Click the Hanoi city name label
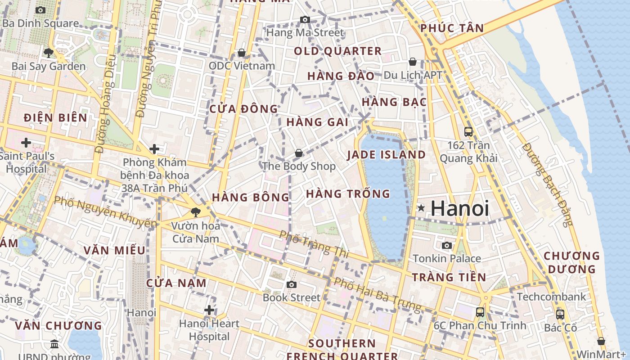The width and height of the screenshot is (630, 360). coord(459,208)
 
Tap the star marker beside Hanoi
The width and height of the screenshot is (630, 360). coord(421,208)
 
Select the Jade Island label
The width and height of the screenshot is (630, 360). coord(386,155)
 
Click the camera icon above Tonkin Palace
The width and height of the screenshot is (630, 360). coord(447,245)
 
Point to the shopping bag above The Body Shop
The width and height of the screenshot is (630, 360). coord(298,153)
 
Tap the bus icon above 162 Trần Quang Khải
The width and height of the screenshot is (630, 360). coord(468,132)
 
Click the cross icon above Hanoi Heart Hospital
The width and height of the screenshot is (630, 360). coord(209,310)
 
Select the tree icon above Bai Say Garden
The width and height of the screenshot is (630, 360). coord(48,53)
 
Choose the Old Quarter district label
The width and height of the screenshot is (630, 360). coord(337,51)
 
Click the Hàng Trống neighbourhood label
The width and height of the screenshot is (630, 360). coord(348,194)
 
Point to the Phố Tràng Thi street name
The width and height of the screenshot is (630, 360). coord(314,244)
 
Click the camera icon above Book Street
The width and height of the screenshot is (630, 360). coord(292,284)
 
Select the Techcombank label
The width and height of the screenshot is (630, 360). coord(551,297)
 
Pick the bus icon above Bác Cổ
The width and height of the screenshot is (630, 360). coord(560,315)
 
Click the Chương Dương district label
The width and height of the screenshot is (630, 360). coord(571,262)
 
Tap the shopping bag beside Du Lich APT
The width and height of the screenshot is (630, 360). coord(413,62)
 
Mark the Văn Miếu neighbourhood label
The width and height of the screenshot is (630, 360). coord(114,251)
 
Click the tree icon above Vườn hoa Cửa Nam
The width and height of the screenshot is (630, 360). coord(195,212)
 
